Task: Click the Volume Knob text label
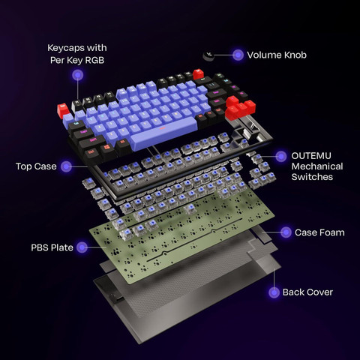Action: coord(277,55)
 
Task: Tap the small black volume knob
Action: coord(208,55)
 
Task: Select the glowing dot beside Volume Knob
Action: coord(238,55)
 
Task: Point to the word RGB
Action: coord(94,60)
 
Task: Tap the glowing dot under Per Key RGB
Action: coord(78,75)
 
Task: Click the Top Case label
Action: coord(36,166)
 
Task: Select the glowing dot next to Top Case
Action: coord(66,166)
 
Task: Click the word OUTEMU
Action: coord(311,156)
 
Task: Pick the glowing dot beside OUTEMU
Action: coord(281,157)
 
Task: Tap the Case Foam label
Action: coord(319,232)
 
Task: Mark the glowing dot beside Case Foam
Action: coord(286,232)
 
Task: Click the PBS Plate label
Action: coord(52,247)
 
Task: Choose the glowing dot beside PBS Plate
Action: coord(82,247)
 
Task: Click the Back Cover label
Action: coord(307,292)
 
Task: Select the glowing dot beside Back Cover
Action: coord(274,292)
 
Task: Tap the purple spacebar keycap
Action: coord(163,133)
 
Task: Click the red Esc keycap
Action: coord(62,110)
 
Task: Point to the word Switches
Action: coord(312,177)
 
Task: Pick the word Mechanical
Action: coord(317,166)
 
